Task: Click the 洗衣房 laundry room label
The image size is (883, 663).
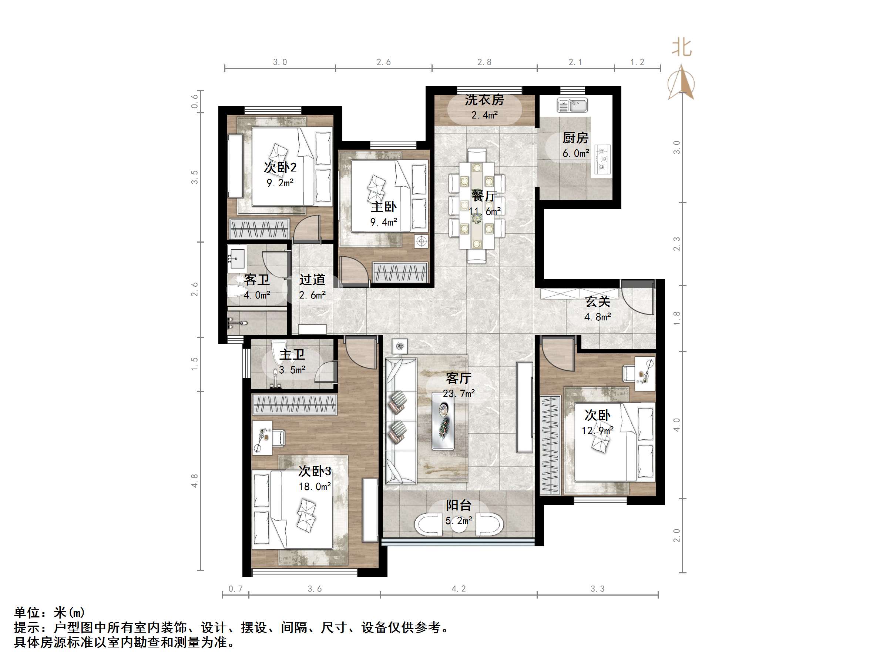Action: (x=484, y=100)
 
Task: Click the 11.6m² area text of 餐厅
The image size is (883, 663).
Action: (x=484, y=211)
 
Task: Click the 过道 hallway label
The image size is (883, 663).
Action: (x=312, y=280)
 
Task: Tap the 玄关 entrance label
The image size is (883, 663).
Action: (x=598, y=302)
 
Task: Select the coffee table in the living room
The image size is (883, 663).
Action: (x=443, y=421)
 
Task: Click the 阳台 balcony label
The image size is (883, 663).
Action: (x=459, y=506)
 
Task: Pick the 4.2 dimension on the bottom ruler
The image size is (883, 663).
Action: (x=458, y=589)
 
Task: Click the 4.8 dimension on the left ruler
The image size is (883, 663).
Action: (x=194, y=481)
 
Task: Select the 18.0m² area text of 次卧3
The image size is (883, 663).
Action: (x=315, y=487)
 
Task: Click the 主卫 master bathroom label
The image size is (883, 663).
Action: (x=292, y=354)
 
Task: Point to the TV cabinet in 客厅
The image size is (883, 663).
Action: (x=524, y=407)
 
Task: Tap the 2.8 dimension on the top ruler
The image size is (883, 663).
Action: (x=484, y=62)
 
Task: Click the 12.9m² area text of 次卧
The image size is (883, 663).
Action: (x=597, y=431)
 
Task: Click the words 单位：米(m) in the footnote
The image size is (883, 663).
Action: (x=50, y=612)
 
